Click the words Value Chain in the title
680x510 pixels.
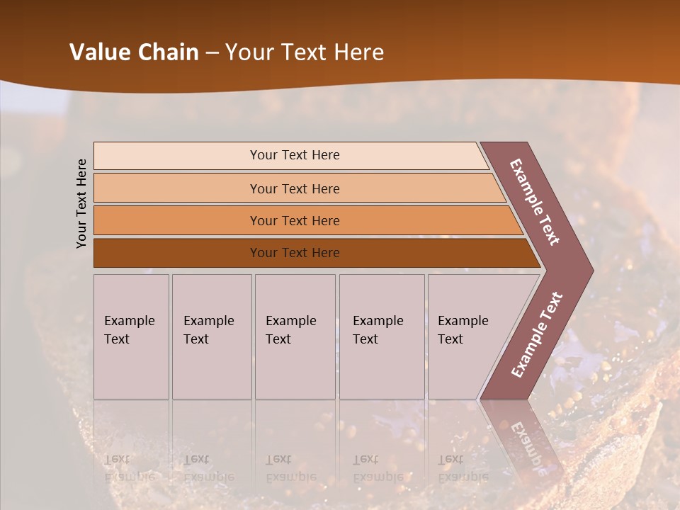click(134, 52)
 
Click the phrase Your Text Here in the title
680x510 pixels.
click(305, 52)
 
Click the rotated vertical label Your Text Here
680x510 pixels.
click(82, 203)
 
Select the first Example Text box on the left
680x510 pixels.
click(131, 336)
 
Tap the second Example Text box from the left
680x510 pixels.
click(211, 336)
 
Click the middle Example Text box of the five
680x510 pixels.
click(295, 336)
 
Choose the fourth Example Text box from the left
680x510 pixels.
click(382, 336)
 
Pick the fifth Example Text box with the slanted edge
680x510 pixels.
click(467, 336)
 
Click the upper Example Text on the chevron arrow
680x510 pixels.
click(535, 203)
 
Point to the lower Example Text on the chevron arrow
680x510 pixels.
click(537, 334)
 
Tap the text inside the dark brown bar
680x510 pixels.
click(295, 253)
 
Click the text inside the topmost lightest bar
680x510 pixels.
click(295, 155)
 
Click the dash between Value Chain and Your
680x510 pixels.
click(212, 53)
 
